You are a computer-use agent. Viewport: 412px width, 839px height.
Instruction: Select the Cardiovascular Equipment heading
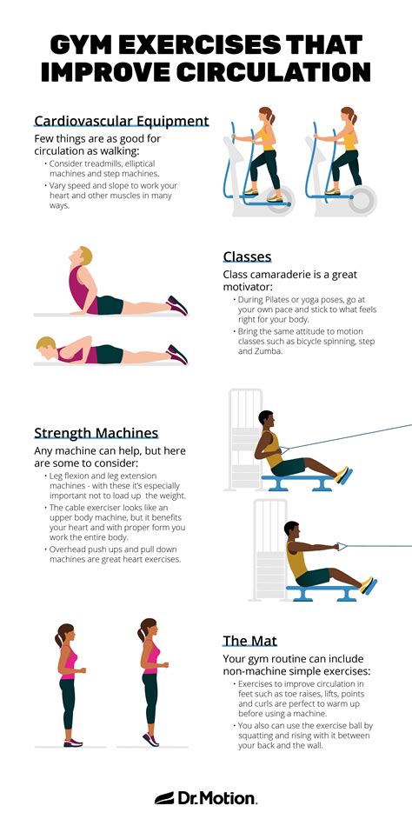coord(121,121)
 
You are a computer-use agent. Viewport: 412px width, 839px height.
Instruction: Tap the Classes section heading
coord(247,256)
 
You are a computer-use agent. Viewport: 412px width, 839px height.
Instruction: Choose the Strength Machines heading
coord(96,432)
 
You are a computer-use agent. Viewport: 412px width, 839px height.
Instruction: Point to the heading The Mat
coord(249,641)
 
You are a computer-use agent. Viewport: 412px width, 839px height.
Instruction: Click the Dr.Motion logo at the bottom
coord(206,797)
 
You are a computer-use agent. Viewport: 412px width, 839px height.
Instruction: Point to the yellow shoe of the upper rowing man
coord(343,475)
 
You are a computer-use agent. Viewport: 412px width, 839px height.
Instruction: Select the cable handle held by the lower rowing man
coord(339,547)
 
